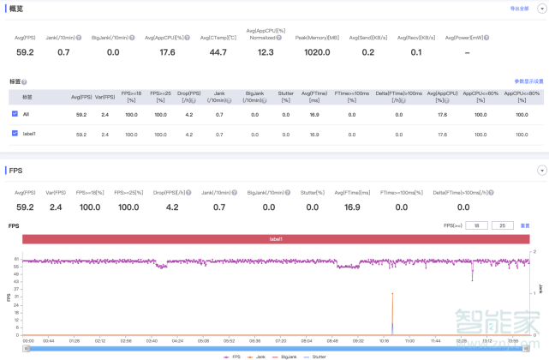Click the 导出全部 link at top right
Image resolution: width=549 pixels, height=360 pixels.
(x=519, y=8)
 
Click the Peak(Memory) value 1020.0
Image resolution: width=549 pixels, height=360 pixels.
(x=317, y=52)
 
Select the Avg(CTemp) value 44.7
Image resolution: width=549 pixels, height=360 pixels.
(x=218, y=52)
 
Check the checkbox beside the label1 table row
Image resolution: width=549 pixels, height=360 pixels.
(x=15, y=134)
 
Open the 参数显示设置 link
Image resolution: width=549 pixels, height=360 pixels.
(x=528, y=81)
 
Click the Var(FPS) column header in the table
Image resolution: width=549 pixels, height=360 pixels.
(x=104, y=97)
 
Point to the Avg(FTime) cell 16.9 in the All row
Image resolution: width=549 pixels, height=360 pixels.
(x=314, y=114)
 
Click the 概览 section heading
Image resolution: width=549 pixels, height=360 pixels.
(x=15, y=9)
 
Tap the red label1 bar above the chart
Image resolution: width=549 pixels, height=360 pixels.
(x=276, y=239)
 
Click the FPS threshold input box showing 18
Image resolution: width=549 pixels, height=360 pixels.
(x=476, y=225)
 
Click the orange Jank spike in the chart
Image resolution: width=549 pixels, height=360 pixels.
(x=392, y=313)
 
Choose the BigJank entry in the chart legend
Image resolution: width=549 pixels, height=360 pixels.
(x=289, y=355)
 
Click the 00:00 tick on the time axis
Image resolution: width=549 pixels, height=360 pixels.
(x=28, y=340)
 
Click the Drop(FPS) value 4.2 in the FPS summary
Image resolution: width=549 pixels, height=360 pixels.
(x=171, y=207)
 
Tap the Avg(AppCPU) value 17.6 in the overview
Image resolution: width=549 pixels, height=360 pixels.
(x=167, y=52)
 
